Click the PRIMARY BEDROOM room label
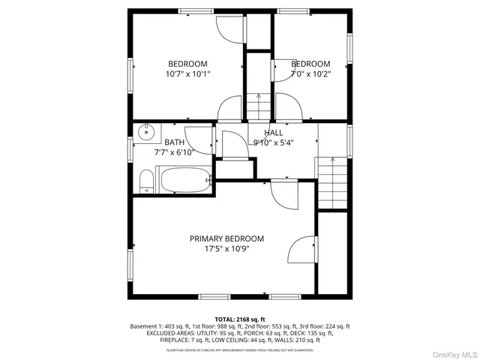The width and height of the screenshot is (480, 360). [x=226, y=238]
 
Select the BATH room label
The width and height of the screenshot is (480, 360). [x=174, y=142]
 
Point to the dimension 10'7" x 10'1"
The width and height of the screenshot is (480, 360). [x=187, y=74]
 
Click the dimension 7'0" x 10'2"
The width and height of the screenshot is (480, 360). [x=310, y=74]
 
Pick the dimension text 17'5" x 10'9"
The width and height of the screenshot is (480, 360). [x=226, y=249]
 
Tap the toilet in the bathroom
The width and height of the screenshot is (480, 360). [x=146, y=180]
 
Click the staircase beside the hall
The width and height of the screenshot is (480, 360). [x=332, y=184]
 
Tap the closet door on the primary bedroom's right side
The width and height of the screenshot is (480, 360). [x=302, y=250]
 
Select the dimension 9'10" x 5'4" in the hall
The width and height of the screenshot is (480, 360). [x=273, y=142]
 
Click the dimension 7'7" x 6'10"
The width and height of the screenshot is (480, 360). [x=174, y=152]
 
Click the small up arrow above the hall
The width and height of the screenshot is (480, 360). [x=258, y=97]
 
